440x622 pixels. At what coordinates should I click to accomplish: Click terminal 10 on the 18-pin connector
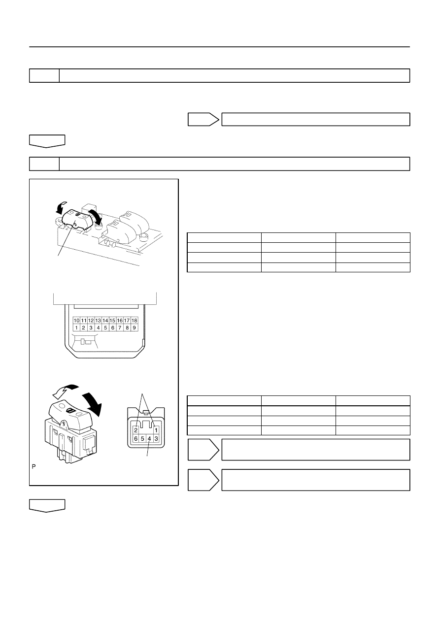[76, 321]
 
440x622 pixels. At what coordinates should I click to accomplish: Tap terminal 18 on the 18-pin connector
[134, 321]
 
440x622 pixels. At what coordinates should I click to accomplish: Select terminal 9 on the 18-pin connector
[134, 327]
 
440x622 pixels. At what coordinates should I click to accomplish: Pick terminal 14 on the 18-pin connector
[105, 321]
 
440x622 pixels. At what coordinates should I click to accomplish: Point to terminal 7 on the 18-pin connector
[120, 327]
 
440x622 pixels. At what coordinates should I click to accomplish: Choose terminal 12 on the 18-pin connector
[91, 321]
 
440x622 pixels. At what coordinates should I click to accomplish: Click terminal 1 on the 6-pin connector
[156, 430]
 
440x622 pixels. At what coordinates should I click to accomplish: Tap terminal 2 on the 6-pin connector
[136, 430]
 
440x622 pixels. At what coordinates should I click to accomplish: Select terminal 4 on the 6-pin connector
[149, 439]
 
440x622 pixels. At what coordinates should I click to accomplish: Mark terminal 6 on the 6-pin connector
[136, 439]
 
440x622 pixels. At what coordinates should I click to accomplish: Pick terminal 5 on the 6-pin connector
[142, 439]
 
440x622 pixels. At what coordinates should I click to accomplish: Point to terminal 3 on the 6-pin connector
[156, 439]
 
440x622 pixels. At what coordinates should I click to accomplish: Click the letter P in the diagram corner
[34, 467]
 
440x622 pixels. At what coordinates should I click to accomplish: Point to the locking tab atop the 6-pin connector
[146, 412]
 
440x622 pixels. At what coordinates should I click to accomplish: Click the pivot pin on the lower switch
[64, 424]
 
